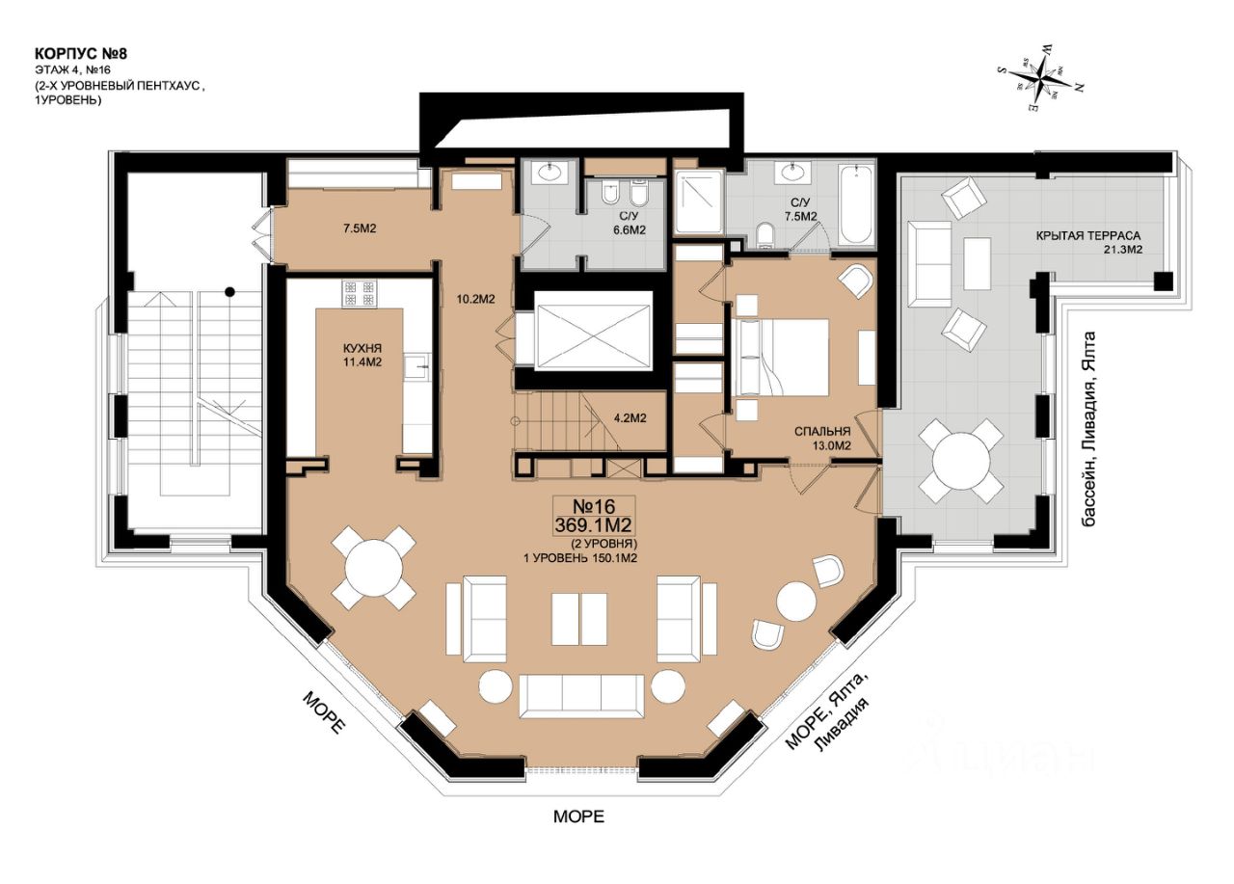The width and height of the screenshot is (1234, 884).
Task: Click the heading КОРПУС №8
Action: coord(81,54)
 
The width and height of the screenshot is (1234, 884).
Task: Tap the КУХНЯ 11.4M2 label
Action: coord(362,356)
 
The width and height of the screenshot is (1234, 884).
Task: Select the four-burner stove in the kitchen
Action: coord(360,294)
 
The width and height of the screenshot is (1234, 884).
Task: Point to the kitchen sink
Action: coord(418,367)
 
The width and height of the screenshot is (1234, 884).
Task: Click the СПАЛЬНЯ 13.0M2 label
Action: coord(822,439)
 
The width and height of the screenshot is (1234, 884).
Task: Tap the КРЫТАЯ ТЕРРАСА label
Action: coord(1088,236)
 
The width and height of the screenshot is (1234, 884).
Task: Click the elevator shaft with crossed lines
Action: coord(593,331)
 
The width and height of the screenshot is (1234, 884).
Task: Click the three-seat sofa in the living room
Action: coord(581,696)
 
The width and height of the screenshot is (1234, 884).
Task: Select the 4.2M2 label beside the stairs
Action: coord(630,418)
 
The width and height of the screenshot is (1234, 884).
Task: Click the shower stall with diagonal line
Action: coord(700,201)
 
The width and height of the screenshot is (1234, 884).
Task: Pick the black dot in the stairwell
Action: coord(229,291)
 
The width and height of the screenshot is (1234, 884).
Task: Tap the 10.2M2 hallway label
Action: coord(476,299)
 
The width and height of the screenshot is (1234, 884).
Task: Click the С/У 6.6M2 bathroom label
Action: coord(630,224)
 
